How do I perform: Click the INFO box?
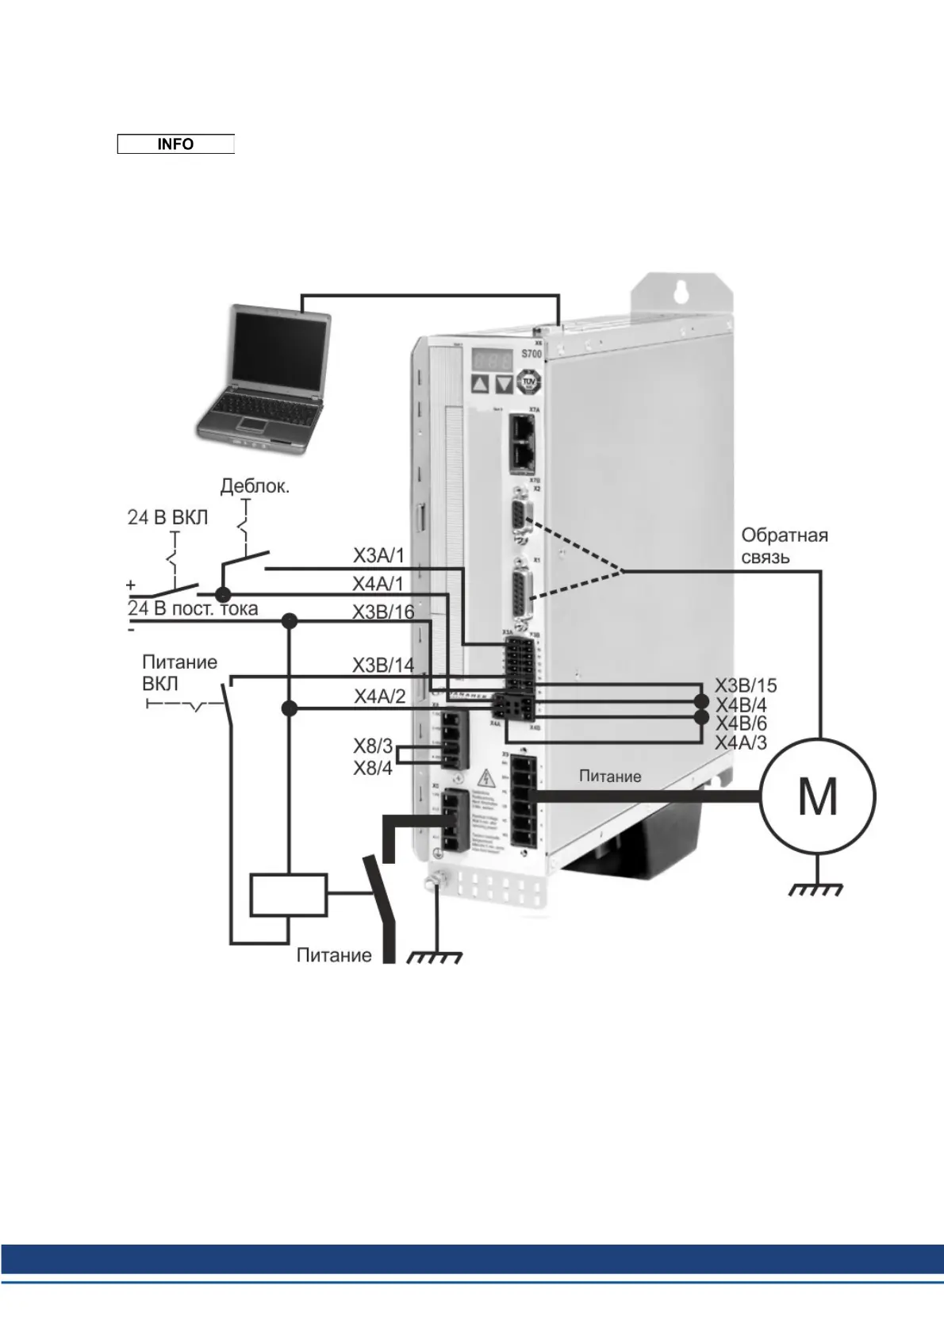click(x=175, y=144)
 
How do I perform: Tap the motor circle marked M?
click(x=818, y=796)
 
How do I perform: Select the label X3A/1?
click(x=378, y=555)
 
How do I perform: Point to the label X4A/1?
click(x=378, y=584)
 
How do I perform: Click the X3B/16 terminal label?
click(x=383, y=612)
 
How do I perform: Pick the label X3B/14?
click(x=383, y=665)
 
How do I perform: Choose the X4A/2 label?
click(x=379, y=696)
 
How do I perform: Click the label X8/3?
click(x=373, y=746)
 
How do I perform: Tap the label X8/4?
click(x=373, y=768)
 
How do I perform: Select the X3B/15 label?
click(x=746, y=685)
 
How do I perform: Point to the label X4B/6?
click(x=741, y=723)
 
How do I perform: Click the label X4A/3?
click(x=741, y=742)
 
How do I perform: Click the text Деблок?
click(x=255, y=485)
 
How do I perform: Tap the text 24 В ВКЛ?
click(x=167, y=517)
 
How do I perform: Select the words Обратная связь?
click(x=784, y=546)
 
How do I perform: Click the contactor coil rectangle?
click(x=289, y=896)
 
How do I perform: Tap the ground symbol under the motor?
click(x=816, y=888)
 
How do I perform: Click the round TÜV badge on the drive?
click(x=528, y=383)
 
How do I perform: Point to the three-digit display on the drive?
click(x=493, y=359)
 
